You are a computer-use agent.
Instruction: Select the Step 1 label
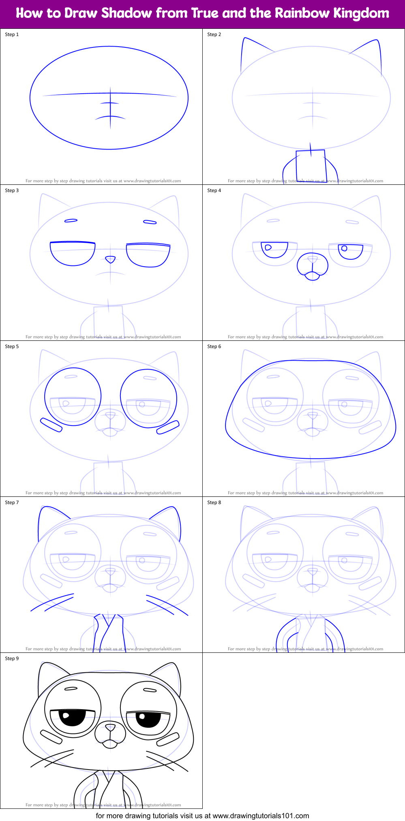[12, 34]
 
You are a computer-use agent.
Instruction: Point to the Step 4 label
[214, 190]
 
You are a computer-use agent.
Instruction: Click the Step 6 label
[214, 346]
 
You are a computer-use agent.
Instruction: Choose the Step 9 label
[12, 659]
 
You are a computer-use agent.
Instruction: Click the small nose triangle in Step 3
[110, 259]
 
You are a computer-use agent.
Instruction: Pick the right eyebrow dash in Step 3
[150, 222]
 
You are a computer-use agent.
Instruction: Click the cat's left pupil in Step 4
[268, 247]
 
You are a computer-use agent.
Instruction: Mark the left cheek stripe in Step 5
[51, 425]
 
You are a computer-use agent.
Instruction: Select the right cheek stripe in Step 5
[168, 427]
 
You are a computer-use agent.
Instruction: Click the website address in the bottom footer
[261, 815]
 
